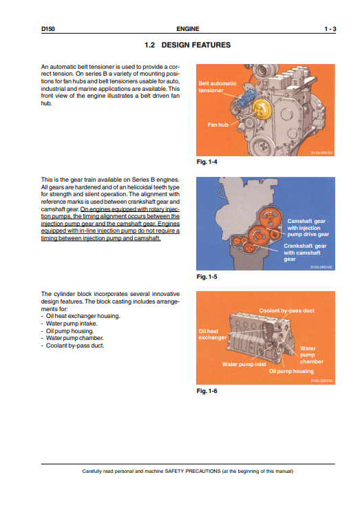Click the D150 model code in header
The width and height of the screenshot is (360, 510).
pos(47,29)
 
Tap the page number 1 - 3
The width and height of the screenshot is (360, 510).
pos(329,29)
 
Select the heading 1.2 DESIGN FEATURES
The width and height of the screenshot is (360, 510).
pos(187,45)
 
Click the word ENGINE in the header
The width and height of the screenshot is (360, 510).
pos(187,29)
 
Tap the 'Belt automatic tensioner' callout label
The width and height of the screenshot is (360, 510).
pos(217,87)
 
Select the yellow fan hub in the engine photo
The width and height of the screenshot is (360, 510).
pos(259,109)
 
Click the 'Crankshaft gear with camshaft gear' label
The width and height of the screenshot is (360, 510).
pos(305,253)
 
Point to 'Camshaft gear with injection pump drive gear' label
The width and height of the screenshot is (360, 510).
pos(308,227)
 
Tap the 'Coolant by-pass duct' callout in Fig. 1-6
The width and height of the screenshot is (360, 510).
pos(286,310)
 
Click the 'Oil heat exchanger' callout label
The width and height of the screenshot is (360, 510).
pos(212,334)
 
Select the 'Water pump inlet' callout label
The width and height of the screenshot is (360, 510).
pos(244,363)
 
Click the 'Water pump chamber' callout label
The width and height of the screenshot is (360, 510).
pos(311,354)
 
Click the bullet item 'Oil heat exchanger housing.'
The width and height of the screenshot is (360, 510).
pos(83,316)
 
